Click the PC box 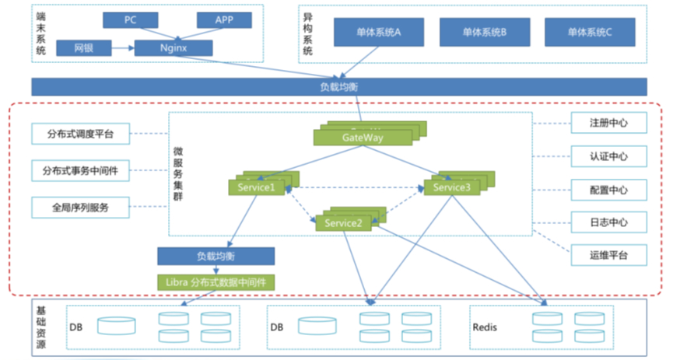point(130,20)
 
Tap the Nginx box point(173,48)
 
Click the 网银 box point(83,48)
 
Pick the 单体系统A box point(378,33)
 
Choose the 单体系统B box point(484,33)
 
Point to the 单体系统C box point(590,33)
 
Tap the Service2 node point(344,223)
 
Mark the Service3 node point(451,187)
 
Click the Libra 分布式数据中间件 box point(217,282)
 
